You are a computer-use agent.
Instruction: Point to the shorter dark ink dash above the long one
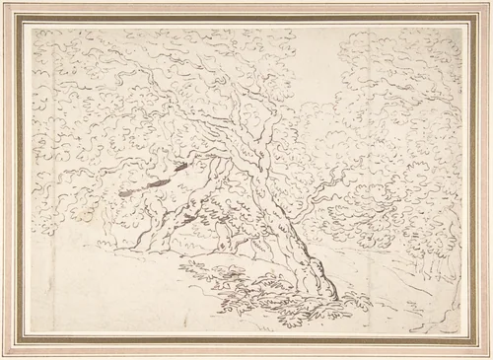pos(177,168)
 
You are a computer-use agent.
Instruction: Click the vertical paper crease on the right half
pos(368,148)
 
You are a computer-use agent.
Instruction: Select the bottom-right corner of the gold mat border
pos(477,345)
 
